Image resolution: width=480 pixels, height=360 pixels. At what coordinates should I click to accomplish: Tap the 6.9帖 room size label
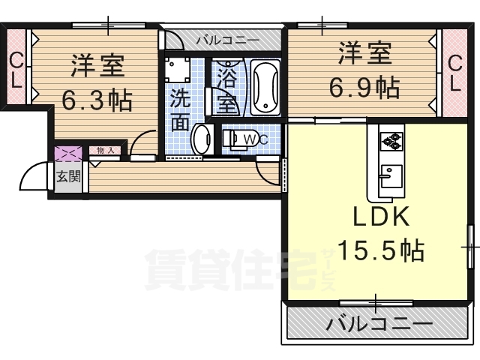(x=366, y=88)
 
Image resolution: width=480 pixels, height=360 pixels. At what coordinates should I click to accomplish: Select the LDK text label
(x=381, y=217)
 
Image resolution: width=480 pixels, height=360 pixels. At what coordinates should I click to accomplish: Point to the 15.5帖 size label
(x=380, y=250)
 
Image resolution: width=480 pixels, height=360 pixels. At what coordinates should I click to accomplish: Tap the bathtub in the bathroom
(x=265, y=88)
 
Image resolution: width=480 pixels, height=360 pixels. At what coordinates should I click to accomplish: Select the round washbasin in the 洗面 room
(x=202, y=139)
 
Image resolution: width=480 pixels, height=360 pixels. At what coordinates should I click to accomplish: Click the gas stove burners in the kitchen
(x=391, y=139)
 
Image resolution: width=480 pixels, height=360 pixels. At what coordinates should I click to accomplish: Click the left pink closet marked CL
(x=16, y=70)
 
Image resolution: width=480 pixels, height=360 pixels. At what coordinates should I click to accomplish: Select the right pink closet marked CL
(x=454, y=73)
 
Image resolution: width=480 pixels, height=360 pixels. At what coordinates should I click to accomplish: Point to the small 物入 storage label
(x=106, y=151)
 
